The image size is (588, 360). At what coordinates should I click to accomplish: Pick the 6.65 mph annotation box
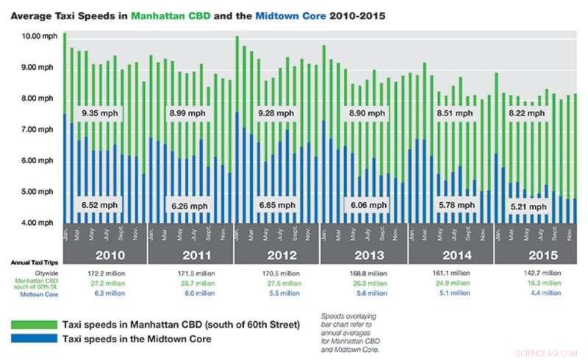[276, 206]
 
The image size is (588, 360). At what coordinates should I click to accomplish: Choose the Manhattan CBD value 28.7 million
[190, 283]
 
